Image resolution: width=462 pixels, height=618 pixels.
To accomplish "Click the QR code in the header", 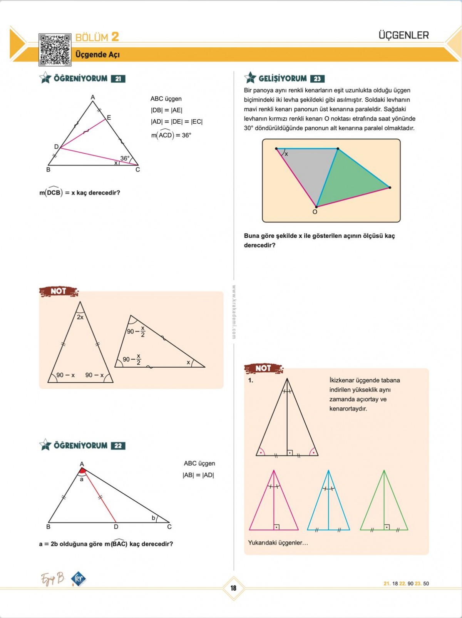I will (55, 50).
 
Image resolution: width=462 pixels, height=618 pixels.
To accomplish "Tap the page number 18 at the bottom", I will (233, 588).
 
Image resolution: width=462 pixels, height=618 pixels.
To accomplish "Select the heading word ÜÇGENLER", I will (403, 35).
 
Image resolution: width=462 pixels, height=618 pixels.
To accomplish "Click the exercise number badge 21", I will (118, 79).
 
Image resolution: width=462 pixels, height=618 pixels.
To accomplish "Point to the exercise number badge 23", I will (317, 79).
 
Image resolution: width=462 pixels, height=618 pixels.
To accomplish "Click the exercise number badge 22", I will (118, 446).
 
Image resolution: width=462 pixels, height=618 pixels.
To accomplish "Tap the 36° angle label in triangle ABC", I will (125, 158).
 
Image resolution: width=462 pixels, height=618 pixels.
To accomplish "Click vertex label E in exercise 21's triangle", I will (109, 117).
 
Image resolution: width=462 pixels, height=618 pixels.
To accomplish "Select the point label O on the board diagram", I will (315, 212).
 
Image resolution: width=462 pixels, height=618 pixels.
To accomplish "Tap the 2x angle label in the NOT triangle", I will (80, 317).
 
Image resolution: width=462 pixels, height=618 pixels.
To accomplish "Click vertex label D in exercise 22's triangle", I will (116, 527).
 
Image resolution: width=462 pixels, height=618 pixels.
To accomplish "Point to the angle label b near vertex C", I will (153, 518).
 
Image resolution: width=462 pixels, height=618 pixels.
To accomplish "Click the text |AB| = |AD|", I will (198, 475).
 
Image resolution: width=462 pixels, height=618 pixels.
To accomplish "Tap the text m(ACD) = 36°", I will (171, 135).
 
